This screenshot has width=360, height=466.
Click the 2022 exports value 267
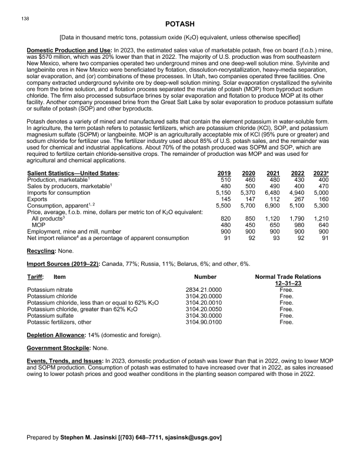(298, 198)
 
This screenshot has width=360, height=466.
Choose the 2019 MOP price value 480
(223, 224)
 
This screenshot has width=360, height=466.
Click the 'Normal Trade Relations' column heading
(288, 276)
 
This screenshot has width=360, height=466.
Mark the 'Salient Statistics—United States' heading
(74, 173)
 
